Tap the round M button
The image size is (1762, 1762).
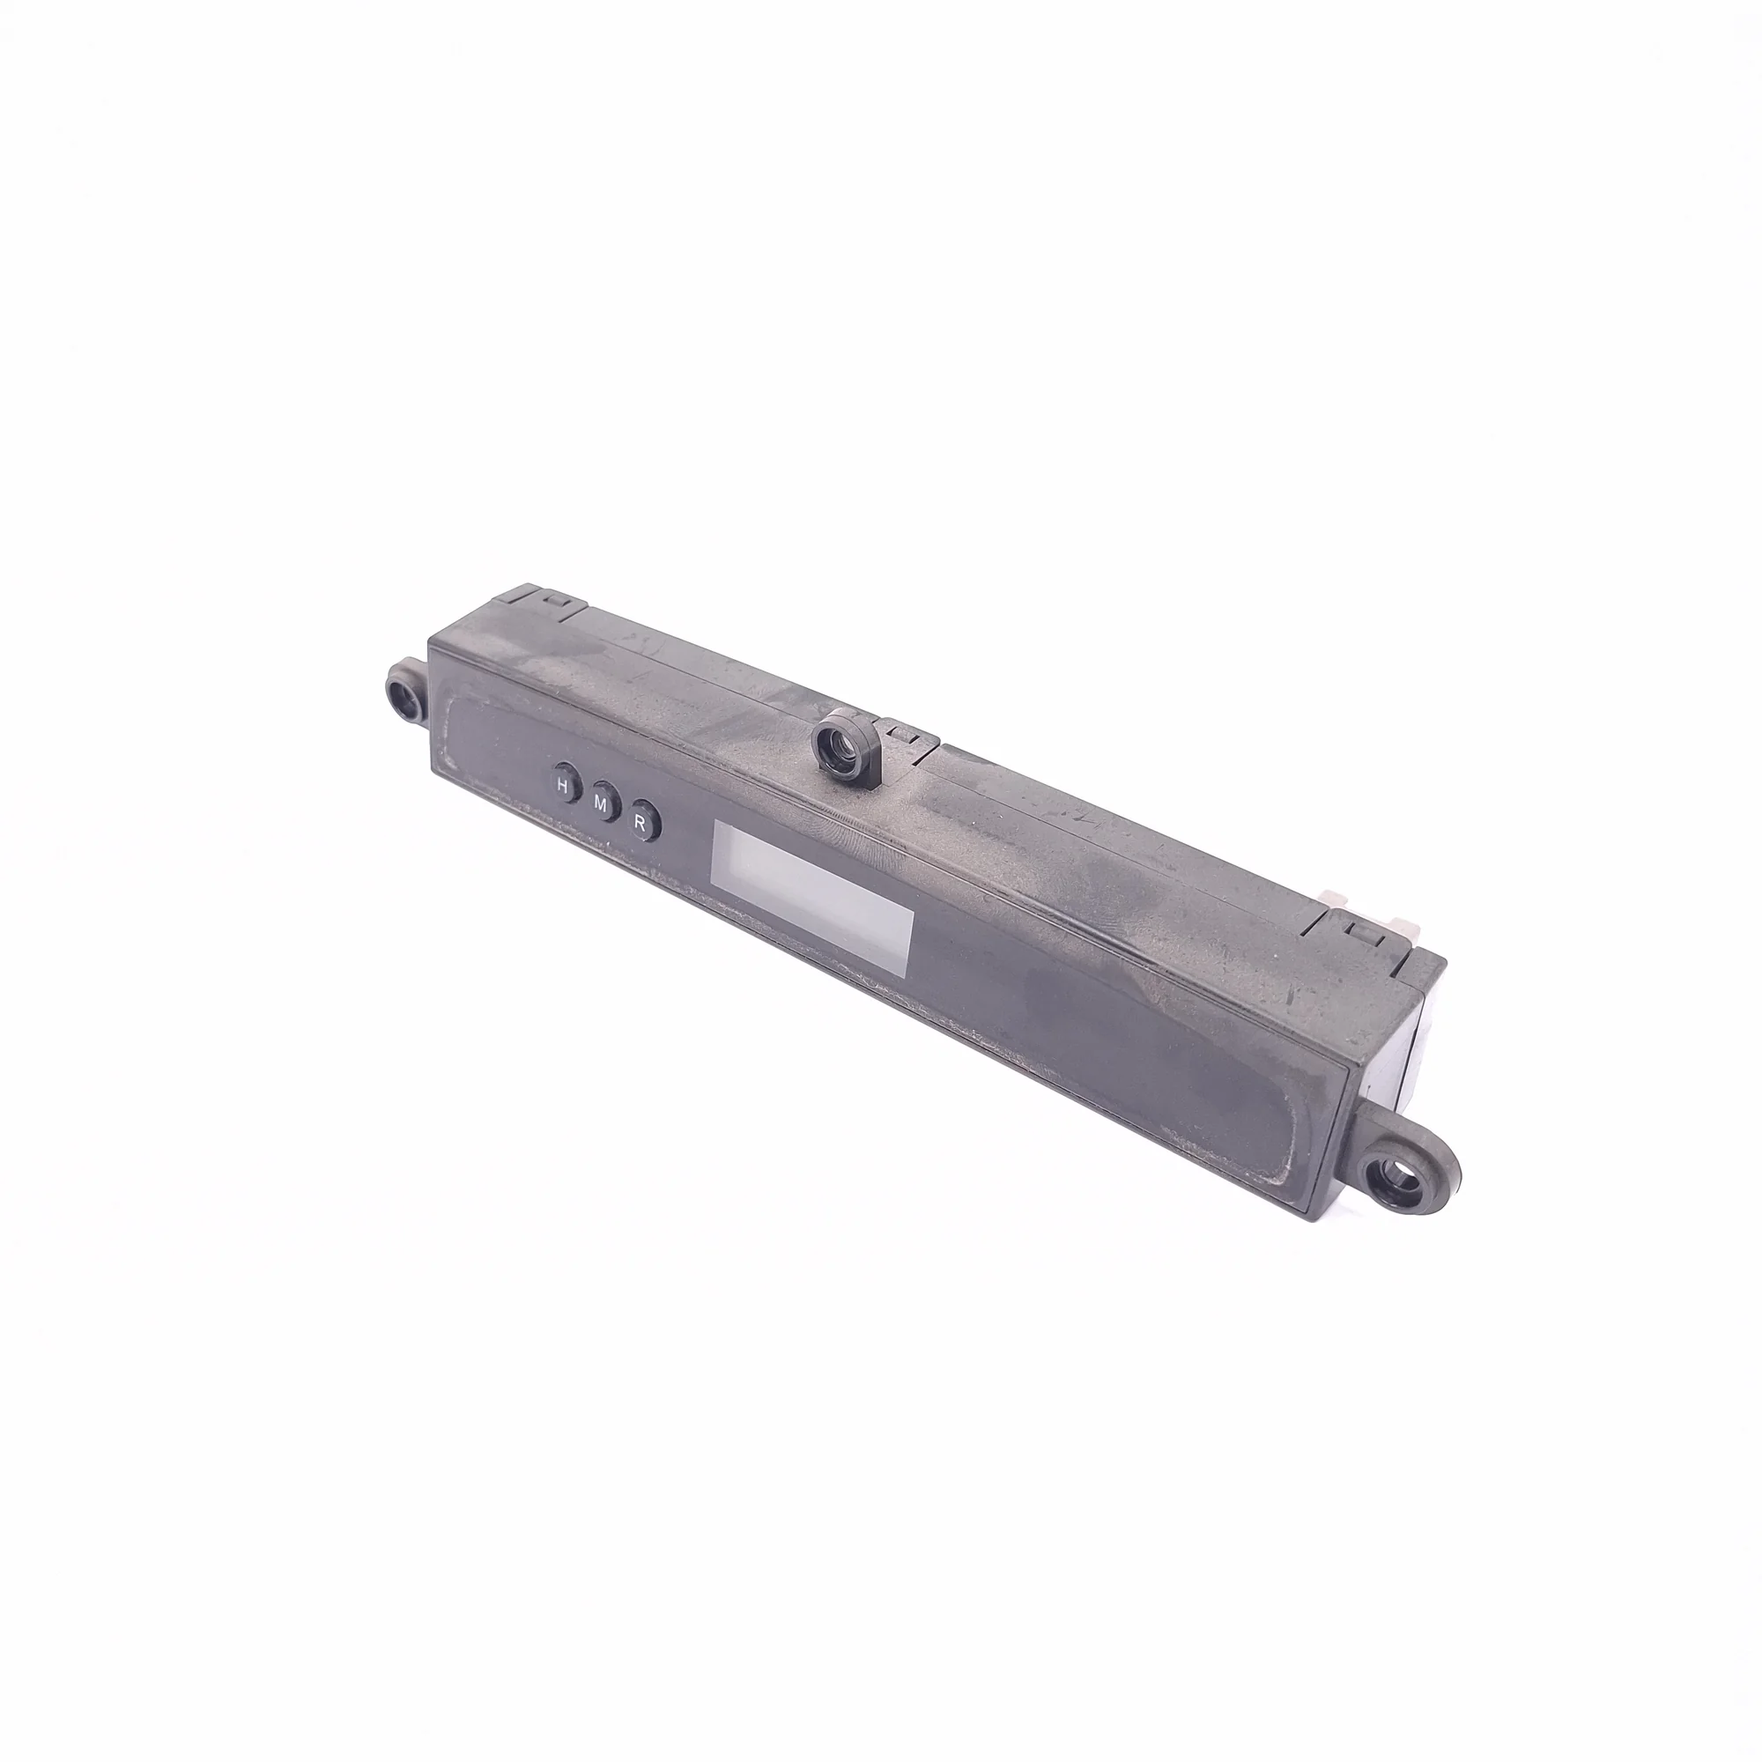tap(603, 803)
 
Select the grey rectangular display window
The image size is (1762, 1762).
tap(812, 900)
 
